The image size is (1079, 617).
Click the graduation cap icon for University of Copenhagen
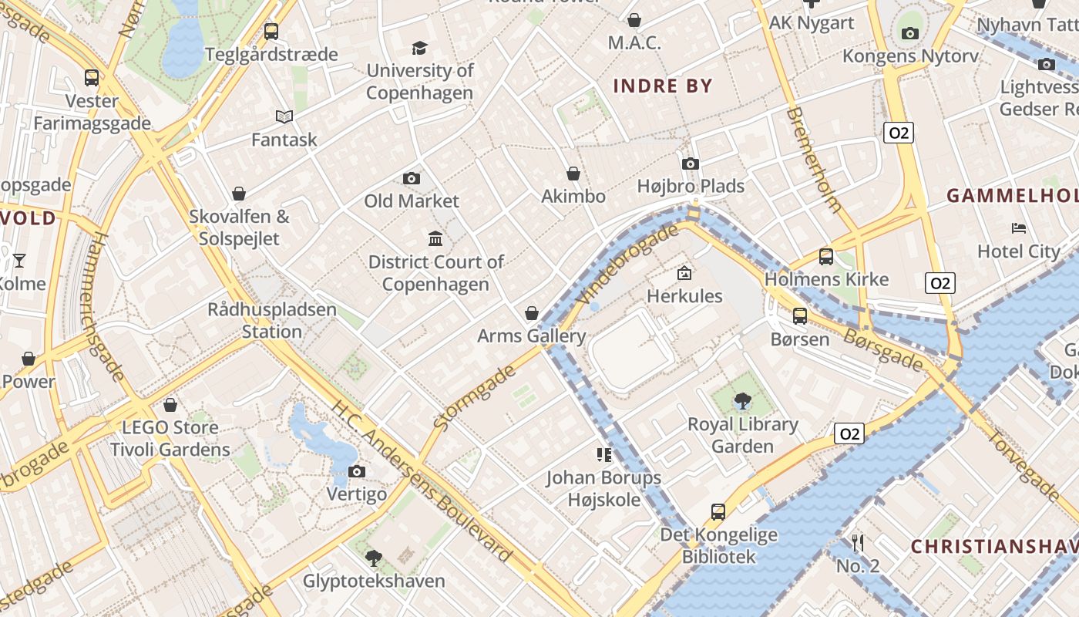click(419, 48)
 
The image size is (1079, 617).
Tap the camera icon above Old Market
click(412, 179)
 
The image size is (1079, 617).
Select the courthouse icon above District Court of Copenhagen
click(435, 238)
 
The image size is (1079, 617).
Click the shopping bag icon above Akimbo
click(573, 174)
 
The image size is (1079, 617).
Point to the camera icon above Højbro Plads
click(691, 164)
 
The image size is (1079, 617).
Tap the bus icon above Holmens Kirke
click(826, 256)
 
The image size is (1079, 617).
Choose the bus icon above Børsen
click(800, 315)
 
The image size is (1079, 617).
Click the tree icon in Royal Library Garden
click(742, 400)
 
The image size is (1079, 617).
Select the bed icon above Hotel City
click(1019, 228)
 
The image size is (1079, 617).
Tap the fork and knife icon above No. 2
click(857, 543)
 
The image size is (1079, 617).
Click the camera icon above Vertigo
click(356, 471)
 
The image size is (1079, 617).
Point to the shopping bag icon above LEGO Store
click(170, 404)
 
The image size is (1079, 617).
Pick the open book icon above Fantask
click(284, 116)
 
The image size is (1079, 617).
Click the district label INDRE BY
click(663, 86)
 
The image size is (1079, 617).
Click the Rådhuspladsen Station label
click(271, 321)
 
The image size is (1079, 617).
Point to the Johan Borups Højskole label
click(604, 489)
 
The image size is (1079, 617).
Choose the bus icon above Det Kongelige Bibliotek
click(718, 511)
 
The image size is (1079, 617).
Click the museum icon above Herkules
click(684, 273)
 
